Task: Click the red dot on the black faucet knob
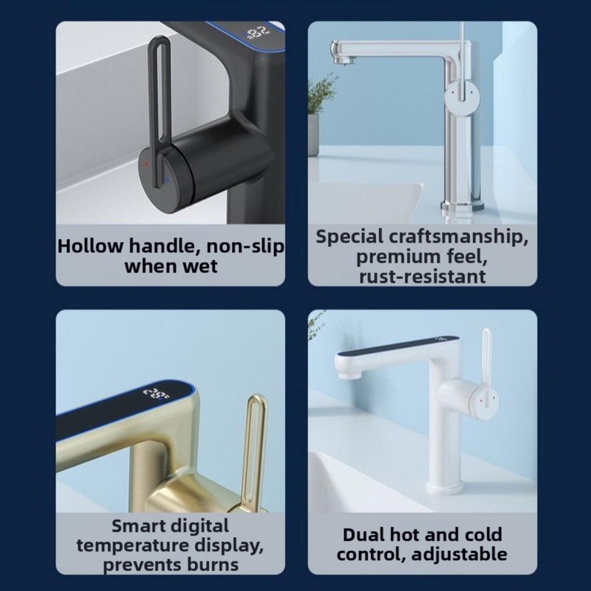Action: (146, 164)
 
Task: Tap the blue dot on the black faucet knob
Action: (167, 180)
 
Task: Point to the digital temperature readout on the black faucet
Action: (258, 32)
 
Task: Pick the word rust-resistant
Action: (422, 277)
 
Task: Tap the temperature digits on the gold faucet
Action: (156, 394)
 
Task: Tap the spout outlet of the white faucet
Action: (349, 374)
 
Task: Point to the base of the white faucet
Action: (445, 489)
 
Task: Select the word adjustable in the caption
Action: (459, 555)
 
